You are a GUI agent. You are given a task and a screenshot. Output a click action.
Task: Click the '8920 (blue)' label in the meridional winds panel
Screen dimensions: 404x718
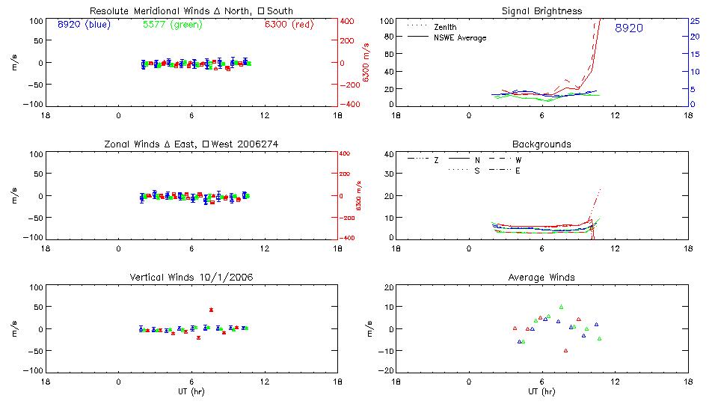tap(84, 24)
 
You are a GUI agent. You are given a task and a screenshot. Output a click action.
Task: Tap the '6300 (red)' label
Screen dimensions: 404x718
tap(289, 24)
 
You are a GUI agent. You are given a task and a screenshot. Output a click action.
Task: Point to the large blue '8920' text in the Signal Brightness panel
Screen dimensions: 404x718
tap(629, 28)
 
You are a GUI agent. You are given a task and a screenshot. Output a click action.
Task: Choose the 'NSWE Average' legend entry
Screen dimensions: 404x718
tap(460, 37)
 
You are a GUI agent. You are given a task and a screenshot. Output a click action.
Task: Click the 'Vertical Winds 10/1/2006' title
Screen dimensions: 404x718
tap(191, 278)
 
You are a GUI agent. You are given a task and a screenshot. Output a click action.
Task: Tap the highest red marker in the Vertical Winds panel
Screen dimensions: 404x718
tap(211, 310)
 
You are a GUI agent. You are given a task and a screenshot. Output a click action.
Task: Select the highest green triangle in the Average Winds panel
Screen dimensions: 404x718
tap(561, 307)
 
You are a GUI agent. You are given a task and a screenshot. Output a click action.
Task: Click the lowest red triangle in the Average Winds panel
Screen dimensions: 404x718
tap(566, 350)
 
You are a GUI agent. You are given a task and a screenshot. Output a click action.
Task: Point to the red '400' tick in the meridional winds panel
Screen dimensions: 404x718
tap(348, 21)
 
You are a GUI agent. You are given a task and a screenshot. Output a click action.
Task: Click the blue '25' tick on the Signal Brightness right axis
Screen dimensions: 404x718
tap(694, 21)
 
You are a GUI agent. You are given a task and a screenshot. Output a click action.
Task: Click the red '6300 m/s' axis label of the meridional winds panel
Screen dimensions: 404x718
tap(366, 63)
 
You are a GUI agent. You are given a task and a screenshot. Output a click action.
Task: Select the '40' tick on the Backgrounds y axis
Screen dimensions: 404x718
tap(388, 155)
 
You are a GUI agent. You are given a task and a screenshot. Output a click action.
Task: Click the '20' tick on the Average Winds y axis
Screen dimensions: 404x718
tap(388, 288)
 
